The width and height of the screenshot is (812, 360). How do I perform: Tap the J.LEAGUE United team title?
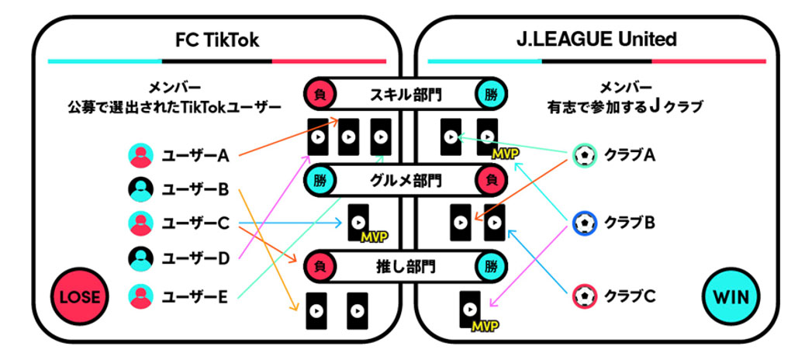597,39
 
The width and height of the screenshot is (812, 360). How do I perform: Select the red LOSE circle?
78,296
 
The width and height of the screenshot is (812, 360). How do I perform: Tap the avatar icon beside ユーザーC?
140,223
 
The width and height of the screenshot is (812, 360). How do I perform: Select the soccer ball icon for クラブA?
585,155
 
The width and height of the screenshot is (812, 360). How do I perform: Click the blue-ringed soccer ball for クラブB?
585,223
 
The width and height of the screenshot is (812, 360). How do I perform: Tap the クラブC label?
630,296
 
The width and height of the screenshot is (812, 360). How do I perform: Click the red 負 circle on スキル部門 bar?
320,94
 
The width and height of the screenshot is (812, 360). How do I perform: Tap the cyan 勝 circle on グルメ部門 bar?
320,181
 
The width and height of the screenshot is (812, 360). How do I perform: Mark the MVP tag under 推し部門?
485,324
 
